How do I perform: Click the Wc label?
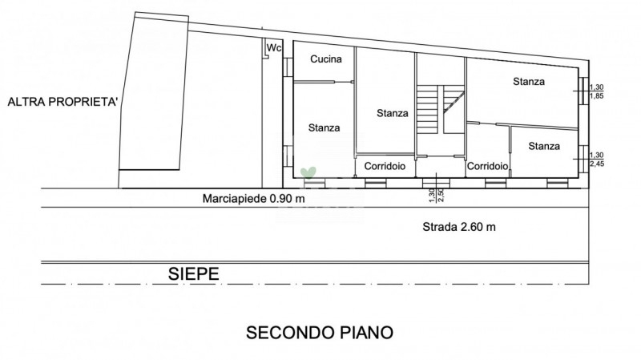pyautogui.click(x=274, y=48)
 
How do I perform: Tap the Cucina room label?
pyautogui.click(x=326, y=59)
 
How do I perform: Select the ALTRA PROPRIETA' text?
pyautogui.click(x=62, y=102)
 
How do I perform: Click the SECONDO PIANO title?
pyautogui.click(x=319, y=333)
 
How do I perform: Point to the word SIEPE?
pyautogui.click(x=193, y=273)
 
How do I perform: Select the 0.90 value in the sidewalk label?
pyautogui.click(x=281, y=199)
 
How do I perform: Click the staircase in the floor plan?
pyautogui.click(x=440, y=109)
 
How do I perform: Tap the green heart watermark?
pyautogui.click(x=308, y=172)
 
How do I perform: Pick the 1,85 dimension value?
pyautogui.click(x=596, y=96)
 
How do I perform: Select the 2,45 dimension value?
pyautogui.click(x=596, y=164)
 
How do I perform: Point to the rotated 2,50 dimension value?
pyautogui.click(x=441, y=196)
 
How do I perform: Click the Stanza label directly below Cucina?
pyautogui.click(x=324, y=128)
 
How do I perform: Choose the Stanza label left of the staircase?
pyautogui.click(x=393, y=113)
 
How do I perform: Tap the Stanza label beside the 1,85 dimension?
pyautogui.click(x=529, y=82)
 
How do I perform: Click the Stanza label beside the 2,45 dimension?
pyautogui.click(x=544, y=146)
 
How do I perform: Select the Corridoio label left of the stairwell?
pyautogui.click(x=385, y=166)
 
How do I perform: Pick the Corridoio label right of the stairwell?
pyautogui.click(x=487, y=166)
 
